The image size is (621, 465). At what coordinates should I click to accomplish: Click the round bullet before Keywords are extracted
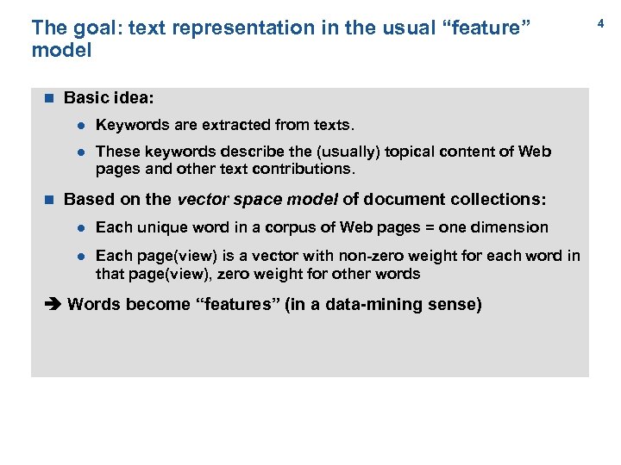pyautogui.click(x=78, y=125)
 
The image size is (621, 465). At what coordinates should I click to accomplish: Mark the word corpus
pyautogui.click(x=278, y=227)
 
